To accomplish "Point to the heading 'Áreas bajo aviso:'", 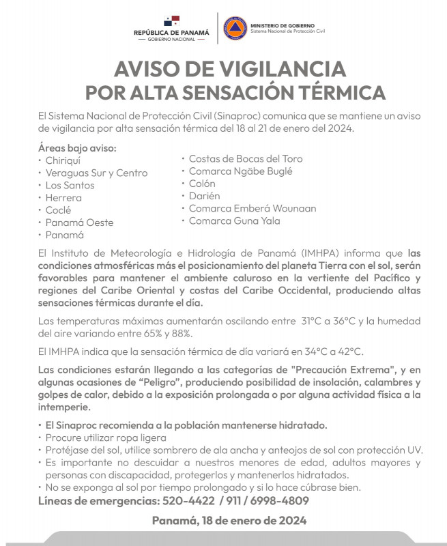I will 77,147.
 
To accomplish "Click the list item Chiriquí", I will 63,160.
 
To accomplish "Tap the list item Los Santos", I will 70,185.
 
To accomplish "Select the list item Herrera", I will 63,198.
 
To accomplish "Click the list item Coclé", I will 58,210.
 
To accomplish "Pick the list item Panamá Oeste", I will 79,222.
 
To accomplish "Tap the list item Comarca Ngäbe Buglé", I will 240,171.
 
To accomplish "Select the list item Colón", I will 202,184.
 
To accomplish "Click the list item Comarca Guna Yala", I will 234,220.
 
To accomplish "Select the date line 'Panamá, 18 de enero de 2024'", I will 229,521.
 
